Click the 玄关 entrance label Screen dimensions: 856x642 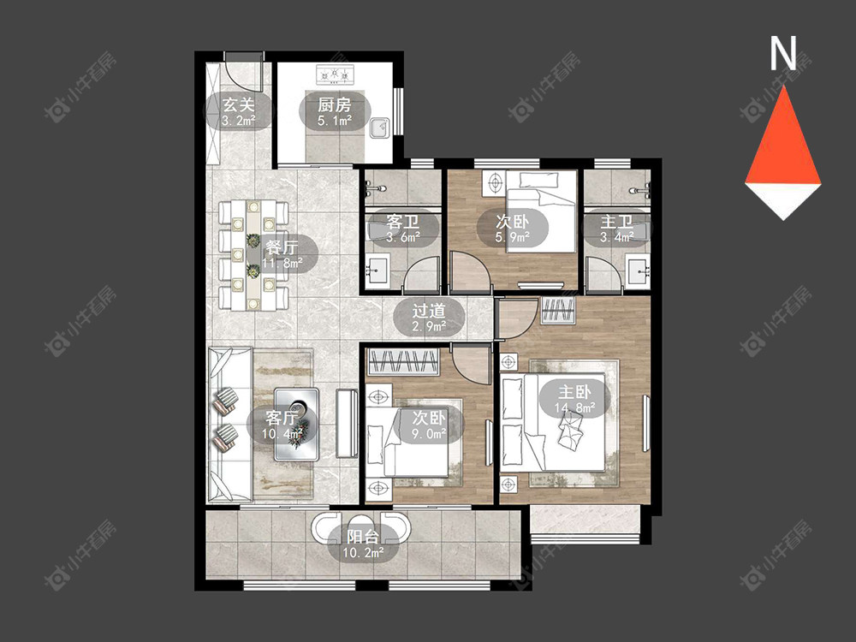click(x=239, y=104)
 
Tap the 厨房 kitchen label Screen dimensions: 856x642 click(x=334, y=104)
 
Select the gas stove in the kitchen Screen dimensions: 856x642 click(x=336, y=74)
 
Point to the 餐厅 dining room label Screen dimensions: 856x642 click(x=282, y=247)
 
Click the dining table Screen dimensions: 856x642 click(x=253, y=255)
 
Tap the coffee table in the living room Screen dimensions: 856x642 click(x=297, y=425)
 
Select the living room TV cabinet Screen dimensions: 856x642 click(x=347, y=424)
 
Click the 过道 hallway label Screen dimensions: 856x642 click(x=429, y=312)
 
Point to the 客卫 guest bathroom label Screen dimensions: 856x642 click(x=403, y=222)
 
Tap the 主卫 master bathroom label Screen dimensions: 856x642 click(x=616, y=222)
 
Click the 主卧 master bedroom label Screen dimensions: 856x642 click(x=574, y=392)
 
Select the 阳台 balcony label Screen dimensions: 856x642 click(x=362, y=538)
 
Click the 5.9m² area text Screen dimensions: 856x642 click(x=513, y=237)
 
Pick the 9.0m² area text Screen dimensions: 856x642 click(x=429, y=433)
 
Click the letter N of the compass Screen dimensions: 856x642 click(x=783, y=53)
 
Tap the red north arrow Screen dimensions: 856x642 click(x=783, y=136)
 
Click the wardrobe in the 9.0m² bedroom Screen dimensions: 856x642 click(x=403, y=362)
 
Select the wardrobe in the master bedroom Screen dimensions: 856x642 click(x=558, y=312)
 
